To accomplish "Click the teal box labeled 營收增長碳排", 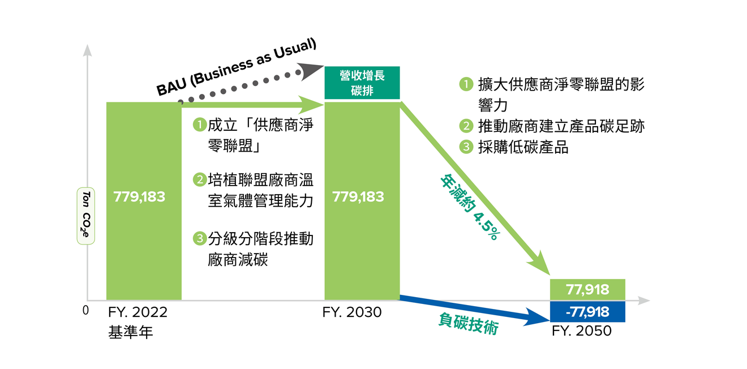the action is [x=362, y=83].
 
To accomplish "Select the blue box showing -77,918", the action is [x=587, y=312].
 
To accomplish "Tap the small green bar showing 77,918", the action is [x=587, y=289].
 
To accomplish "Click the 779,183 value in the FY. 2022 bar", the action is [x=139, y=196].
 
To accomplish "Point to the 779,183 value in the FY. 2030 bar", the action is [x=358, y=196].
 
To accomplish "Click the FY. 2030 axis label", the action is [x=352, y=312].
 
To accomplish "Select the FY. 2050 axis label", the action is [x=582, y=331].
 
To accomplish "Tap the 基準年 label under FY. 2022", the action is [x=130, y=332].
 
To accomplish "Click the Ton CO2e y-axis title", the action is [x=86, y=216].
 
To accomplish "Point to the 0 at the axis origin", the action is [x=85, y=310].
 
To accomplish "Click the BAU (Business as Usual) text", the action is [x=236, y=67].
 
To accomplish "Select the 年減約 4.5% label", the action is [x=470, y=207].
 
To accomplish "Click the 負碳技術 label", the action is [x=469, y=323].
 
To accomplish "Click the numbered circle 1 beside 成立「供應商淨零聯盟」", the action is [x=200, y=125].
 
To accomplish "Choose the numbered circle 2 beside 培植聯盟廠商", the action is [x=200, y=180].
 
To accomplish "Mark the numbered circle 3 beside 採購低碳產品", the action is [x=466, y=147].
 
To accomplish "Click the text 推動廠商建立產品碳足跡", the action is [x=561, y=126].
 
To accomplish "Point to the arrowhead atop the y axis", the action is [x=87, y=50].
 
